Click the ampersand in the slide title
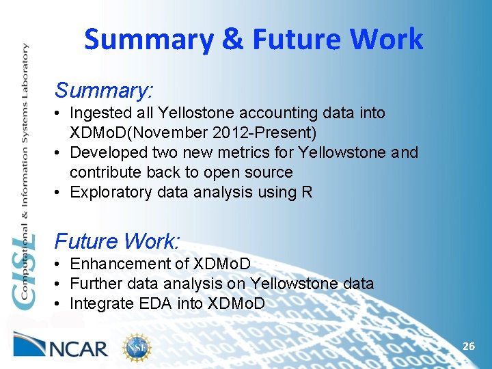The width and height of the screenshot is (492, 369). click(x=232, y=40)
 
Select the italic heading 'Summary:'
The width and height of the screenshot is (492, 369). click(x=104, y=90)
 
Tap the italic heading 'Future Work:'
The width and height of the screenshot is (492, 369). click(x=117, y=241)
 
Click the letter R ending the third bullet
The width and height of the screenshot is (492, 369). click(x=306, y=192)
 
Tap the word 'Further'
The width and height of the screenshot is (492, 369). click(x=96, y=284)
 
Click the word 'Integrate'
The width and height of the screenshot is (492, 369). click(x=100, y=303)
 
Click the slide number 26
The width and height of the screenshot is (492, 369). click(x=468, y=346)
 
